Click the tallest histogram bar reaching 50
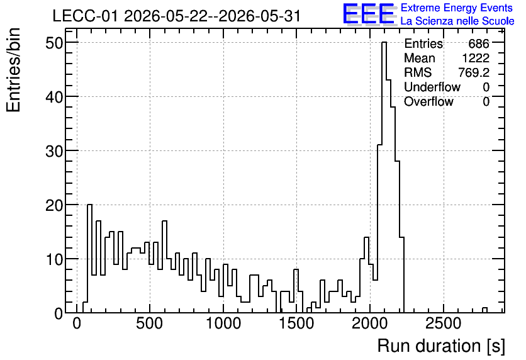[384, 177]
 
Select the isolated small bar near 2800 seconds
[484, 310]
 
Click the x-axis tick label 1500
[297, 323]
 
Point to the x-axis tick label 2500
[444, 323]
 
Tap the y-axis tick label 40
[54, 97]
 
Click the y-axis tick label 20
[54, 205]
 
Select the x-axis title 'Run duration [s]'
[441, 346]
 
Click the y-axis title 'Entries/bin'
[13, 70]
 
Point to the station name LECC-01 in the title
[86, 16]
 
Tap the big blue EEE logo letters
[369, 14]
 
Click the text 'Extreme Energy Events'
[457, 8]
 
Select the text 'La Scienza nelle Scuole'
[457, 21]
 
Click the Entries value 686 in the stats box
[479, 43]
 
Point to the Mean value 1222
[476, 58]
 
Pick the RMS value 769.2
[474, 72]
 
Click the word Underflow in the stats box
[432, 87]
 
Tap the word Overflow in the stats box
[428, 101]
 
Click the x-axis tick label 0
[77, 323]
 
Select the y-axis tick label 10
[54, 259]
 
